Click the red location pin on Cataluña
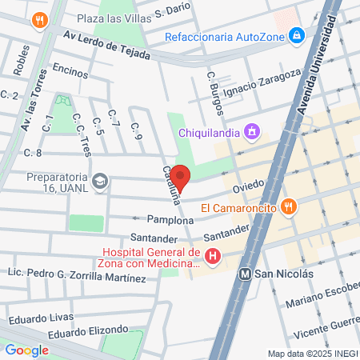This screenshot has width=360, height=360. pyautogui.click(x=180, y=178)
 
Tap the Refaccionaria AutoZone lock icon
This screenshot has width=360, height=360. pyautogui.click(x=297, y=36)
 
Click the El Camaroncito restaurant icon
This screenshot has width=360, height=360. pyautogui.click(x=290, y=208)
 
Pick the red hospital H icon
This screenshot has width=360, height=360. pyautogui.click(x=213, y=257)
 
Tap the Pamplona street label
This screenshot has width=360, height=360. pyautogui.click(x=170, y=219)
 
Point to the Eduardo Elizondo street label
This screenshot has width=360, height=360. pyautogui.click(x=88, y=330)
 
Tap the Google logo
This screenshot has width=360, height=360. pyautogui.click(x=26, y=350)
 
